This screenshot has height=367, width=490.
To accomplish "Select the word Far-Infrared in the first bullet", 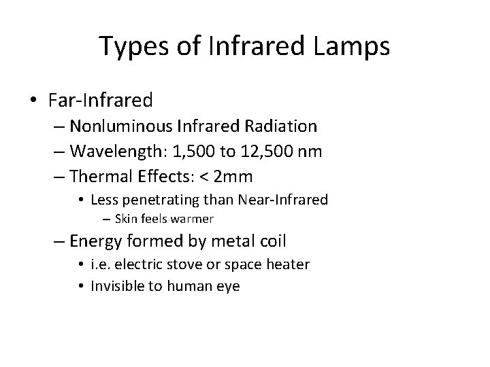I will [101, 101].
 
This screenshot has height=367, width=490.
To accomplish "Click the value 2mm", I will [233, 177].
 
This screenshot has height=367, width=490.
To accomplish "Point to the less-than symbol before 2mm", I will [203, 177].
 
